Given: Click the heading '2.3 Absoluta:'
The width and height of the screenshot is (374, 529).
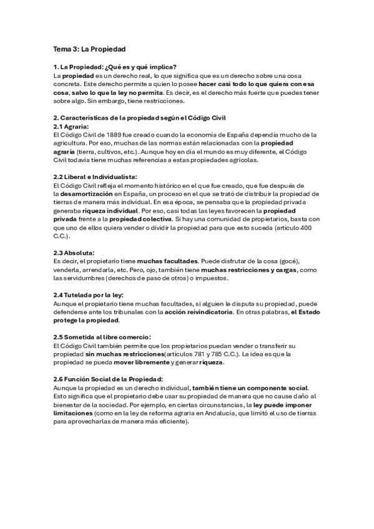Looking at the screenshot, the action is point(74,253).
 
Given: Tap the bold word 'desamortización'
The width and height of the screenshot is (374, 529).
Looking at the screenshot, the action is point(87,194).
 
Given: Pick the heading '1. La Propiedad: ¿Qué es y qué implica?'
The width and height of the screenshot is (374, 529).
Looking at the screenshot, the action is point(115,67).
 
